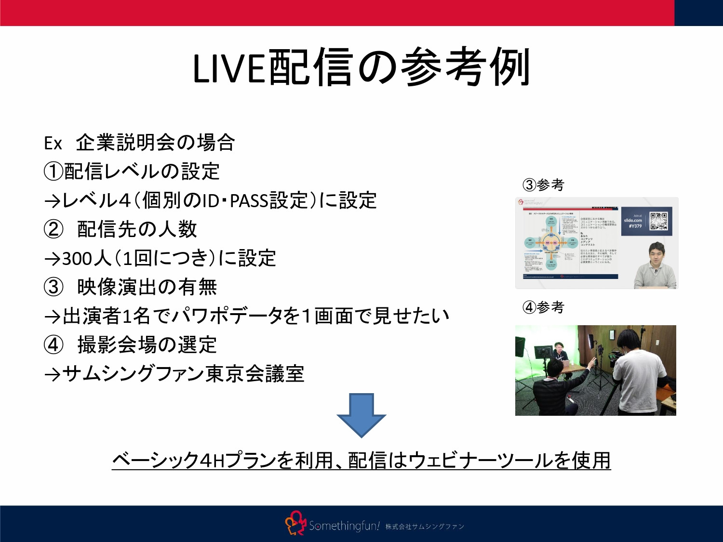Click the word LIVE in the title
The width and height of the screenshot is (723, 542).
click(229, 68)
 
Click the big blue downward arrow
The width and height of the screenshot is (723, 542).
click(361, 414)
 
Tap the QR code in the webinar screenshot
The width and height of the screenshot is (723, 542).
click(658, 221)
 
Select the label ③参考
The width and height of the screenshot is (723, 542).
click(543, 185)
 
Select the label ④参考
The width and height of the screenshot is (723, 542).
click(543, 307)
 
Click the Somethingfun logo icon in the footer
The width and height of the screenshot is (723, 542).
click(295, 524)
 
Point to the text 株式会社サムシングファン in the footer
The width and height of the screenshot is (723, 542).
click(424, 527)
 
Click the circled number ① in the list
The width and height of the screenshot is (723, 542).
click(53, 172)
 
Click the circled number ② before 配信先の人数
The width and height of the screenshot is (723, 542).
click(53, 229)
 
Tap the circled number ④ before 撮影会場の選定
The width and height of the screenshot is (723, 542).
click(53, 345)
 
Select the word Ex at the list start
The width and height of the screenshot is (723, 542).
click(53, 144)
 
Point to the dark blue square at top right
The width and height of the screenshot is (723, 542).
click(698, 13)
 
